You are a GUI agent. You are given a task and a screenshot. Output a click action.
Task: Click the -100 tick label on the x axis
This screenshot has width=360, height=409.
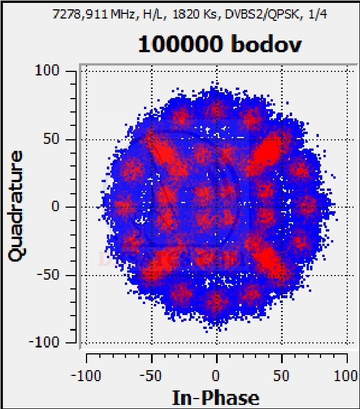(85, 375)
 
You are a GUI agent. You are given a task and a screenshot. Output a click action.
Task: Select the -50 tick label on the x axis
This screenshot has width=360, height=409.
(151, 375)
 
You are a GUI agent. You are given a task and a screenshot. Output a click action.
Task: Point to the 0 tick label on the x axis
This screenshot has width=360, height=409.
(217, 375)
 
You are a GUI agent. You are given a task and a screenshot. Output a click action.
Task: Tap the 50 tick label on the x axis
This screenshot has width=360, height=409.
(282, 375)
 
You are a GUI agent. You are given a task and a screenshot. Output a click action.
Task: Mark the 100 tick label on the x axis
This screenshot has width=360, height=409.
(347, 375)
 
